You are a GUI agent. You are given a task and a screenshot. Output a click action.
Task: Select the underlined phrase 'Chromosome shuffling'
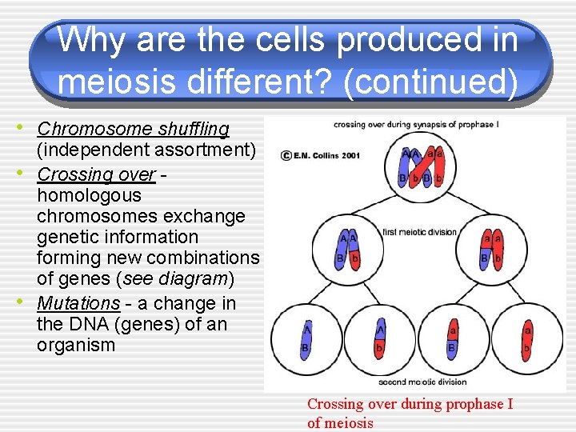pos(133,129)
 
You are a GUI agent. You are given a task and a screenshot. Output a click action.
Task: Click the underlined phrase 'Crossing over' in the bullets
pos(96,174)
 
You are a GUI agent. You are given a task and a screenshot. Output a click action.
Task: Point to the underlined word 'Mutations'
pos(78,303)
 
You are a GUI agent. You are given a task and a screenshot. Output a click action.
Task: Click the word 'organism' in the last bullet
pos(76,346)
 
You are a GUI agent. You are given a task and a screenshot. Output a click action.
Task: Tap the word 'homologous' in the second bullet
pos(89,195)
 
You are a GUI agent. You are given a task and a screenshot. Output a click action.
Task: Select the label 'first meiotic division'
pos(420,232)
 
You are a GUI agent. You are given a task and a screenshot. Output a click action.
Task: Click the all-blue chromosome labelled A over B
pos(306,338)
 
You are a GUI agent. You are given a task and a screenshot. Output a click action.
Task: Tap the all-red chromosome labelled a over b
pos(527,339)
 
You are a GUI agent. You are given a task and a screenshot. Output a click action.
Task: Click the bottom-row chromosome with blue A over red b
pos(380,339)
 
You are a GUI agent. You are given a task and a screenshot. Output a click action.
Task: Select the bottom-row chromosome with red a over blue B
pos(451,339)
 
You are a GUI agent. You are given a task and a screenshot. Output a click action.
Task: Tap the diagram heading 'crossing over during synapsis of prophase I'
pos(415,124)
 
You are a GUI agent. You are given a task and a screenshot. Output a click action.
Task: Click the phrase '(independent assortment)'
pos(146,150)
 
